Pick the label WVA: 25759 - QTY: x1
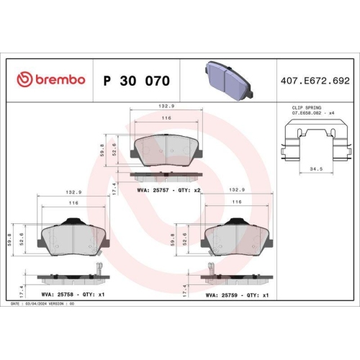click(238, 294)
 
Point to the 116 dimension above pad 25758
click(73, 204)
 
